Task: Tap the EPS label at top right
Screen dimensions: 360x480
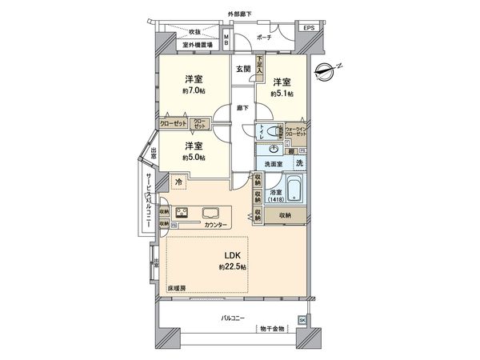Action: coord(308,30)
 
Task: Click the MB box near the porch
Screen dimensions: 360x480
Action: coord(226,41)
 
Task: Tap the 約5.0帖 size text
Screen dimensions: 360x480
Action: coord(193,158)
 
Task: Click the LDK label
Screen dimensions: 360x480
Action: coord(232,256)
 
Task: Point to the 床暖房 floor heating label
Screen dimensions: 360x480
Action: coord(176,287)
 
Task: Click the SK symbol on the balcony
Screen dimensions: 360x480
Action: coord(302,321)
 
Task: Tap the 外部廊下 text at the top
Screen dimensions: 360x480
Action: coord(239,14)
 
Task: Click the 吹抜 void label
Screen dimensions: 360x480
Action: coord(194,32)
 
